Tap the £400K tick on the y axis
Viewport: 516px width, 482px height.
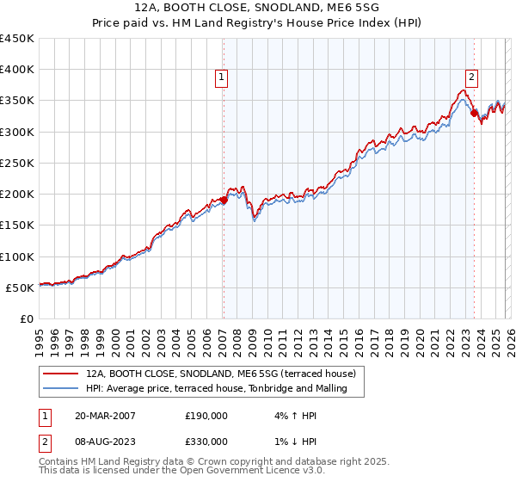17,70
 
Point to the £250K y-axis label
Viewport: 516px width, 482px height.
17,163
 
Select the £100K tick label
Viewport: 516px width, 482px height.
17,256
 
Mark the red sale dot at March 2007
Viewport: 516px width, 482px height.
224,200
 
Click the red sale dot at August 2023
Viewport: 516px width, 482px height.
474,113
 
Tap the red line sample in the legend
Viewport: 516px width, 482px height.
61,374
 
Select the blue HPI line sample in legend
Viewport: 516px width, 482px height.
61,388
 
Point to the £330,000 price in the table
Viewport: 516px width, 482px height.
206,441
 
